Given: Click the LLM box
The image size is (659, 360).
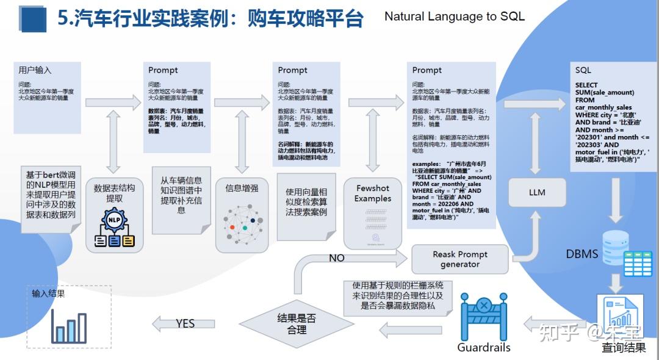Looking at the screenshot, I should pyautogui.click(x=537, y=192).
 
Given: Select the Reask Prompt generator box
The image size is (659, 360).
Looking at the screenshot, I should pyautogui.click(x=460, y=259).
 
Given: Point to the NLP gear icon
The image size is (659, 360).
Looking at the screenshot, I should pyautogui.click(x=114, y=220).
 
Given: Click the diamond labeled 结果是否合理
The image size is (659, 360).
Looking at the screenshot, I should pyautogui.click(x=297, y=324).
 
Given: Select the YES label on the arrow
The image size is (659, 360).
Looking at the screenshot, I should pyautogui.click(x=185, y=323).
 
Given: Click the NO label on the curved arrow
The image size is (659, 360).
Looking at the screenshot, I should pyautogui.click(x=337, y=258).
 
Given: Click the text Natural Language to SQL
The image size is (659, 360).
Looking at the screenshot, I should pyautogui.click(x=454, y=16).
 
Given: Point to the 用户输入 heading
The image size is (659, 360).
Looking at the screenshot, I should pyautogui.click(x=35, y=70).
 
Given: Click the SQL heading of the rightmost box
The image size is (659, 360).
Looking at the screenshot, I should pyautogui.click(x=583, y=70).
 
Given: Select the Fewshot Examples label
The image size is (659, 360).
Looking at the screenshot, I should pyautogui.click(x=373, y=193).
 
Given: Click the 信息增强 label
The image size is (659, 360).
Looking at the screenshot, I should pyautogui.click(x=242, y=188).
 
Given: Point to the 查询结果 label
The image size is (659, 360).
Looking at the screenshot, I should pyautogui.click(x=623, y=348).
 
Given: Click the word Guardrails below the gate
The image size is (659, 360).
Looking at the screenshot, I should pyautogui.click(x=483, y=347).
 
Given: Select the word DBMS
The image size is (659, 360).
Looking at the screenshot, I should pyautogui.click(x=582, y=253).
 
